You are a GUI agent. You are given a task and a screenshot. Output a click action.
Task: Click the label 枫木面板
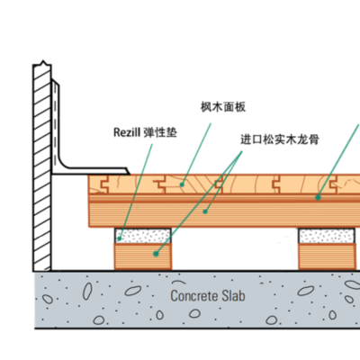coord(223,107)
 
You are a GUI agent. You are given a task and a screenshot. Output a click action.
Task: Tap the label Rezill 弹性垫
coord(145,132)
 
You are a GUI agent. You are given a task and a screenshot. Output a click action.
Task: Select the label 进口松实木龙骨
coord(280,139)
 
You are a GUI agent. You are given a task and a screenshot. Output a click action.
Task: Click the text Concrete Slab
coord(208,296)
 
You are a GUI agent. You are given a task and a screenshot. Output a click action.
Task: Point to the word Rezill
coord(127,132)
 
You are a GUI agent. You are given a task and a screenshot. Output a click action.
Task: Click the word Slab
coord(233,296)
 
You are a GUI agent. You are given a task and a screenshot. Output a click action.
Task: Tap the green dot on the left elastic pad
coord(120,238)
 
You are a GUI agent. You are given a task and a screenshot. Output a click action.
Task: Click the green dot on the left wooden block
coord(156,254)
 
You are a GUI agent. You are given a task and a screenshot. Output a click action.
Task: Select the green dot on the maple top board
coord(182,184)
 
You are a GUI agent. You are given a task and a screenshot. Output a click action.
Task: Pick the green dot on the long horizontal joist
coord(205,211)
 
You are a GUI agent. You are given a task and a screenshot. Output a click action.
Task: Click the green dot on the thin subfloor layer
coord(318,197)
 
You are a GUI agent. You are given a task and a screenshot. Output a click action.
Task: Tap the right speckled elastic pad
coord(327,236)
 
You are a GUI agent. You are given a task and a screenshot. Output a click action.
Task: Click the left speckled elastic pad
coord(143,236)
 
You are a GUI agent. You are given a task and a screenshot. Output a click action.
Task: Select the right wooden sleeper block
coord(328,256)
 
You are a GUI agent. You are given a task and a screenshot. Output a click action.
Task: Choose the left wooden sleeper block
coord(143,256)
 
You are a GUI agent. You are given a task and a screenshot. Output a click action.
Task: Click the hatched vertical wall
coord(42,168)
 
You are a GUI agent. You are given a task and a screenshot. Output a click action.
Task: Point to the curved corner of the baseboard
coord(64,164)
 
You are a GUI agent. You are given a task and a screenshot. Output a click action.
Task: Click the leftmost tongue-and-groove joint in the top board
coord(104,184)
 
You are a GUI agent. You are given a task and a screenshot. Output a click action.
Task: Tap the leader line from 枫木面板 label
coord(196,154)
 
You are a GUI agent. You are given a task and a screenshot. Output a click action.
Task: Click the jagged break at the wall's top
coord(42,64)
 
